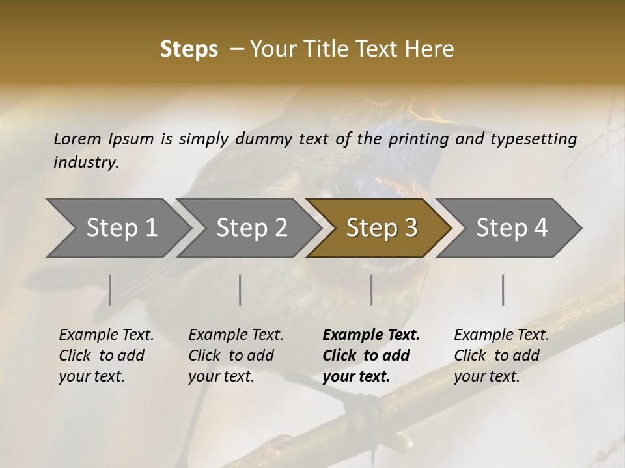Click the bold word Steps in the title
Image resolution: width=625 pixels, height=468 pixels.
click(x=189, y=49)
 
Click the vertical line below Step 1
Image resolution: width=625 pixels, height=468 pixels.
click(x=109, y=290)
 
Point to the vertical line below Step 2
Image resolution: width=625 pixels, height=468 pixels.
click(x=240, y=290)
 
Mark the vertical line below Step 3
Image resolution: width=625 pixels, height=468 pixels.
click(x=371, y=290)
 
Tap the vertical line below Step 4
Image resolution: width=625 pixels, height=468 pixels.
click(x=503, y=290)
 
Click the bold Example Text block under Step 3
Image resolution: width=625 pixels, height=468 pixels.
click(x=371, y=356)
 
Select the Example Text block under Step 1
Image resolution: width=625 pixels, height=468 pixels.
click(x=106, y=356)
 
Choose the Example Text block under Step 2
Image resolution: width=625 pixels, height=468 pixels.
click(x=236, y=356)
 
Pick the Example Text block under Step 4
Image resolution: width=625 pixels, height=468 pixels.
click(x=501, y=356)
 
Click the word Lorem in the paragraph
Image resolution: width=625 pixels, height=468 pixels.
click(x=77, y=138)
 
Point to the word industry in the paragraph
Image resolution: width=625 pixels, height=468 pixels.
click(x=85, y=162)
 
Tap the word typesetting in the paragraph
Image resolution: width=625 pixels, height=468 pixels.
click(x=538, y=138)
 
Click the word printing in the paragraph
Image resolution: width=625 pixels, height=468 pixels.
click(x=415, y=138)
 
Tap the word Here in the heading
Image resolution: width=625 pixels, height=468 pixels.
click(x=431, y=49)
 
